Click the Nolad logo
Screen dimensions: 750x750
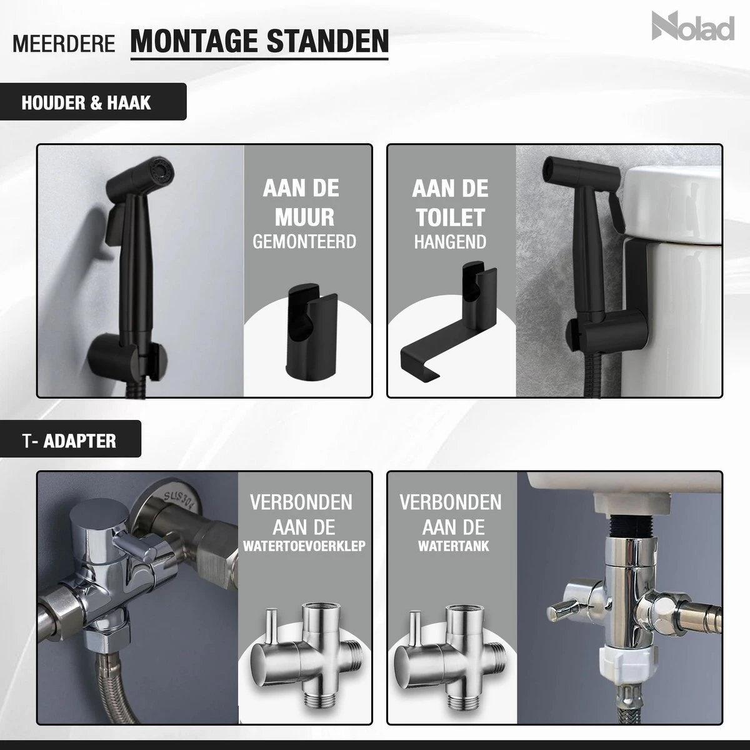pos(692,27)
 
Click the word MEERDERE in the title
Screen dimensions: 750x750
pos(63,44)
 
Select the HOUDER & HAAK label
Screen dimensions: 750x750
pos(86,102)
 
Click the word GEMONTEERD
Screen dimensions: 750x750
pos(304,241)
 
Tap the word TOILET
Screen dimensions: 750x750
pos(450,217)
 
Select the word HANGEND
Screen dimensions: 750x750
pos(450,241)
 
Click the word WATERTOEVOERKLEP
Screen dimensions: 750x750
pos(304,546)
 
